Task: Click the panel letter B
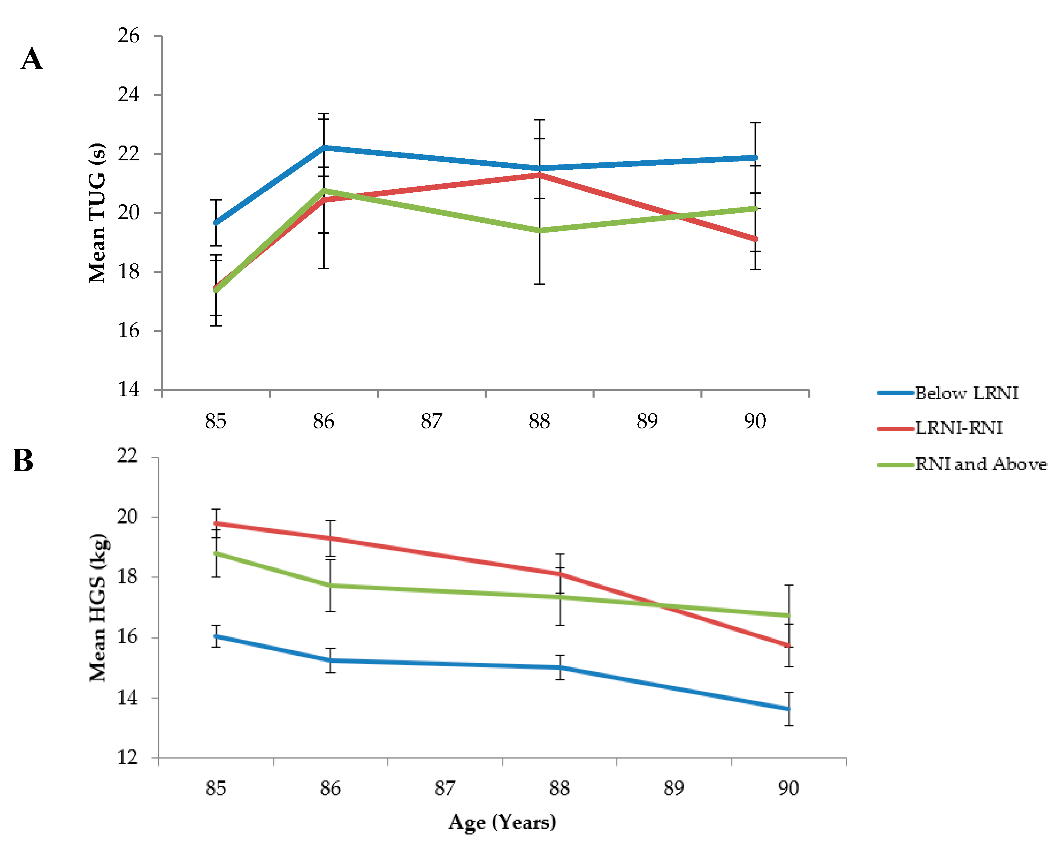23,461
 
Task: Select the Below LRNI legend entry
966,393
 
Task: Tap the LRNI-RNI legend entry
958,428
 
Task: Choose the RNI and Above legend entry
980,464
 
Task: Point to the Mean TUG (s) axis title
97,213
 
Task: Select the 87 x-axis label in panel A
431,421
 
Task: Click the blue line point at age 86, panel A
324,147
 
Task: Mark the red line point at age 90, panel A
755,239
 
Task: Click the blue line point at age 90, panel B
789,709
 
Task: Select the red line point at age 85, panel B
216,523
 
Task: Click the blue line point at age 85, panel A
216,223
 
